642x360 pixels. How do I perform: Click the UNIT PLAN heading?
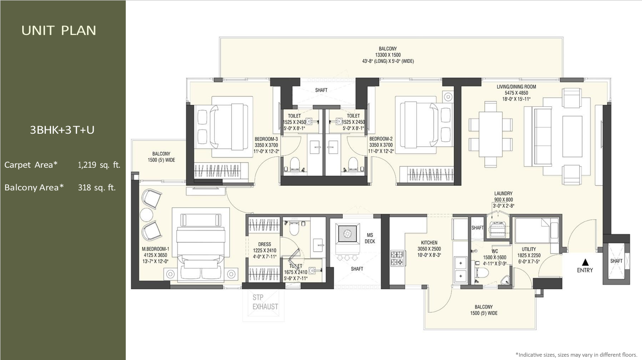point(59,31)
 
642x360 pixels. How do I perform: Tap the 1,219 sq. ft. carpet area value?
point(99,165)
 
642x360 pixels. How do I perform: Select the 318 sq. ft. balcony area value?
point(97,188)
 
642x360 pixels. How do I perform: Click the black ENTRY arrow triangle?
point(585,262)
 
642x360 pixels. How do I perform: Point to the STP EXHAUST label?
point(265,302)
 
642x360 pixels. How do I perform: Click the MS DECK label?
point(370,238)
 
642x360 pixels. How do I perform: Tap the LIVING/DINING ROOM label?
point(516,86)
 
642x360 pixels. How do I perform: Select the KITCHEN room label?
point(429,242)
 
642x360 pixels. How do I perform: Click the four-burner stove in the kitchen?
point(397,258)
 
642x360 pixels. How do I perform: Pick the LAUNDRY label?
point(503,194)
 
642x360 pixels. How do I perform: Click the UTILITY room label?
point(529,249)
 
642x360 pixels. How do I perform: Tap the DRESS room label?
point(265,244)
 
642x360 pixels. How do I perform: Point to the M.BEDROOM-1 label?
point(156,249)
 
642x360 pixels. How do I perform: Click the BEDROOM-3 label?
point(266,139)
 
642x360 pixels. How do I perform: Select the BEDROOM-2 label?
point(381,139)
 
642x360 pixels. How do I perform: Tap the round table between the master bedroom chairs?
point(147,214)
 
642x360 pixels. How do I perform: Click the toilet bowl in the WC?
point(481,272)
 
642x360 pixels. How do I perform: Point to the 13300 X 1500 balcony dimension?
point(388,55)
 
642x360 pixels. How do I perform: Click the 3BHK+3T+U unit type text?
point(62,130)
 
